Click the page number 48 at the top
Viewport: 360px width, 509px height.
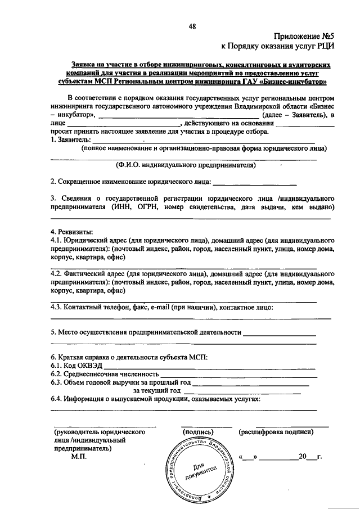tap(193, 26)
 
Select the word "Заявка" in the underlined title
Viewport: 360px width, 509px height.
tap(82, 65)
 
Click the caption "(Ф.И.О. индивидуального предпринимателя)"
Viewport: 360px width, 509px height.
tap(186, 165)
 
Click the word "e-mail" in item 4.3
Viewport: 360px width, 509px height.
tap(161, 307)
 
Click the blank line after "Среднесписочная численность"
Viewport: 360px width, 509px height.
tap(237, 374)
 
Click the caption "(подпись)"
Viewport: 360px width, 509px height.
tap(197, 432)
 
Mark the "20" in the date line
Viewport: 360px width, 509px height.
tap(304, 457)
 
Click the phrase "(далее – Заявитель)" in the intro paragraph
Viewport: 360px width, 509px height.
tap(291, 115)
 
